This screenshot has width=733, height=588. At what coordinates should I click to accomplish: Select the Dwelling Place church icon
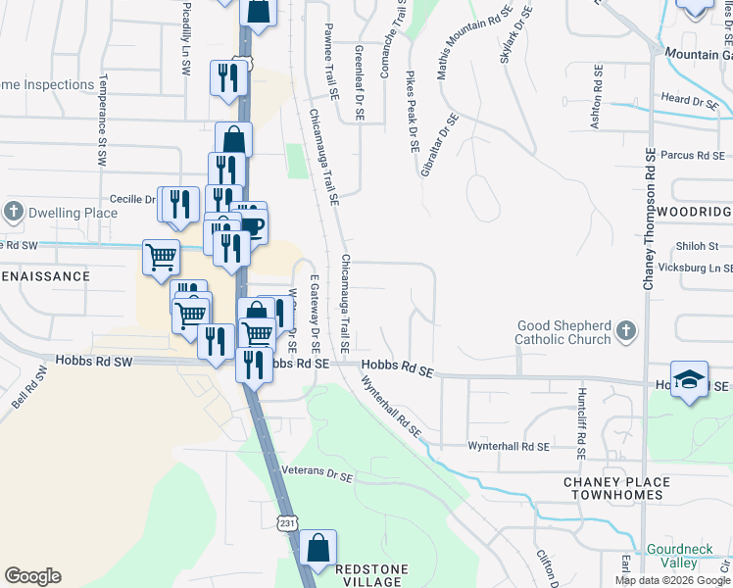14,212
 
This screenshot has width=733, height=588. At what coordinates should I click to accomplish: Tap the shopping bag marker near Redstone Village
318,550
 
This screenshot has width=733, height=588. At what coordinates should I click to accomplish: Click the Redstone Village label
369,574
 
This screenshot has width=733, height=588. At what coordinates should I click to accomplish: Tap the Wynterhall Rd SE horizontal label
507,446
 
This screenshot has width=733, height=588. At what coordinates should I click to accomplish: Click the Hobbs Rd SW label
94,362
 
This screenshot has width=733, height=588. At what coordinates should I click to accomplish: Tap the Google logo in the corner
32,576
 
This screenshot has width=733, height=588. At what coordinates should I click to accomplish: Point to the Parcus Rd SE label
692,155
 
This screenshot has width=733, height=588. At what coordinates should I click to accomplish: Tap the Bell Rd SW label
30,388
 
